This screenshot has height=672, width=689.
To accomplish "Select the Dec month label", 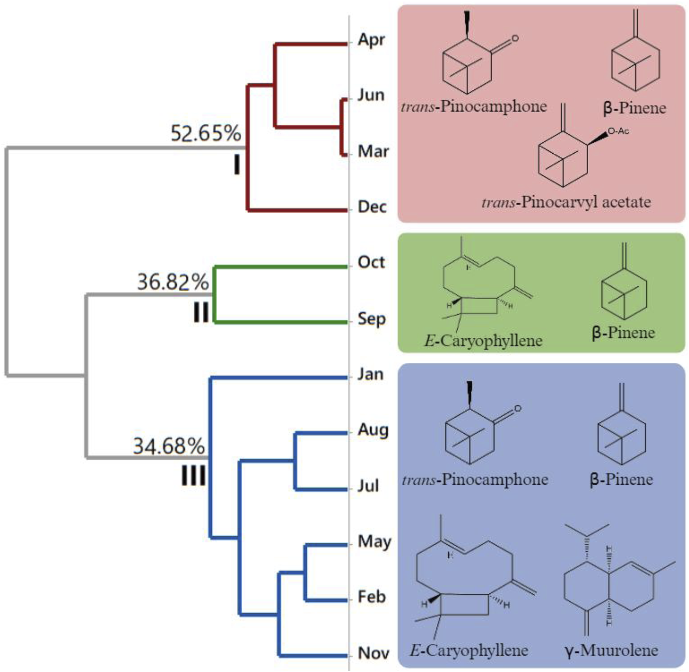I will click(372, 207).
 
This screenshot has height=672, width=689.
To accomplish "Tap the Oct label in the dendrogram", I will click(371, 262).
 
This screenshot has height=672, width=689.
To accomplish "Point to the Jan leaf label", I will click(370, 374).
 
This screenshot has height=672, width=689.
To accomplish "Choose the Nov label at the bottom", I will click(374, 653).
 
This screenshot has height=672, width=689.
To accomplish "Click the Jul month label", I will click(368, 486).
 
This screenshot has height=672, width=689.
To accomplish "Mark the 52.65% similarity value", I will click(206, 133).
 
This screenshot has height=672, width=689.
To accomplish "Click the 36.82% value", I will click(173, 282).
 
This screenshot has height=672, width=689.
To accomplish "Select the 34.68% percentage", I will click(169, 446).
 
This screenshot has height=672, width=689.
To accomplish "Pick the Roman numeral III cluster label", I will click(193, 476).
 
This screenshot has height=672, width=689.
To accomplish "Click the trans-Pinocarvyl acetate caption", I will click(566, 202).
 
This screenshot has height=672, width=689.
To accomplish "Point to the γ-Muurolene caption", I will click(612, 650).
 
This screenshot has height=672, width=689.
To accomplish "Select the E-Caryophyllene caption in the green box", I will click(483, 341).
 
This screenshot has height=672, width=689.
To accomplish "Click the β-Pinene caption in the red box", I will click(634, 108).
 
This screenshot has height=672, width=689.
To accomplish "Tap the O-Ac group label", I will click(618, 131).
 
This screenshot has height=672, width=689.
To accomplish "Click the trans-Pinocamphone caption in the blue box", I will click(475, 480).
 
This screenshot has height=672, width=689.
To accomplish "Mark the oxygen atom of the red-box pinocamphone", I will click(514, 39).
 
